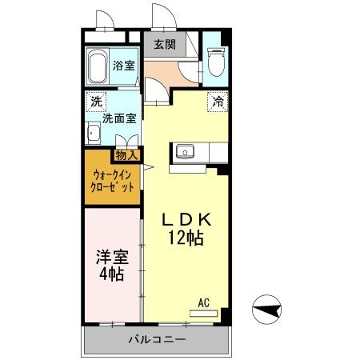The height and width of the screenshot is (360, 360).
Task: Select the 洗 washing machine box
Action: pos(96,102)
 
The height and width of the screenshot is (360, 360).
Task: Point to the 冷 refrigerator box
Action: pos(217,102)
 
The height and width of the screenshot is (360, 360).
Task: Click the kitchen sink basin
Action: pos(186,150)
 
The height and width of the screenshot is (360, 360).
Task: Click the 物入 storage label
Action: pos(126,154)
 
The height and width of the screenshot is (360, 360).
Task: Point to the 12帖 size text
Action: pos(185,238)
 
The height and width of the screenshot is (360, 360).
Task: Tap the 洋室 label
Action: pos(111,258)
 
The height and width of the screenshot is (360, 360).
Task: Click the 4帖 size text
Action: pos(111,274)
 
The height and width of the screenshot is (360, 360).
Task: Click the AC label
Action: pos(204,302)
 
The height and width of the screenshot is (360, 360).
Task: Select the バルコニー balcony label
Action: pos(158,340)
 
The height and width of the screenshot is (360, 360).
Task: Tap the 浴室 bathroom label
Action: pos(123,66)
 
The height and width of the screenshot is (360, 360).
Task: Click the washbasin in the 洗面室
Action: pos(93,134)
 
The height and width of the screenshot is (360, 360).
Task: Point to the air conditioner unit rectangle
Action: pos(203,312)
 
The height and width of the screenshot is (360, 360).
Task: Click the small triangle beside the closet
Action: pos(147,167)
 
